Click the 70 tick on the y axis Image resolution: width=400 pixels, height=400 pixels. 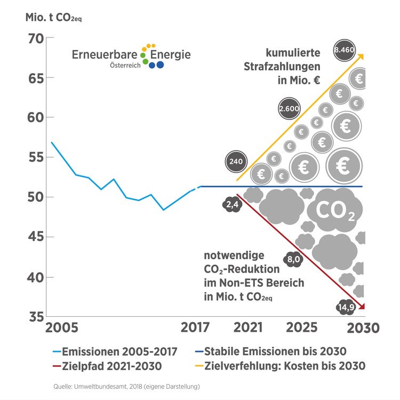37,38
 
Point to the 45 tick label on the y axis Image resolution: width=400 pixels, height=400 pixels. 37,237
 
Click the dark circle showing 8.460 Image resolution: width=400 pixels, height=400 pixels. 343,50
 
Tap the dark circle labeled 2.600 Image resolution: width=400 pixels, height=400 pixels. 289,109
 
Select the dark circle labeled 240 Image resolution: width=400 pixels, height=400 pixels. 235,161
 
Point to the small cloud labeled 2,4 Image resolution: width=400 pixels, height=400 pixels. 231,204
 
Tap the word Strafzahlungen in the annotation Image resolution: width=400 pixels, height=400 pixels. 282,68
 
